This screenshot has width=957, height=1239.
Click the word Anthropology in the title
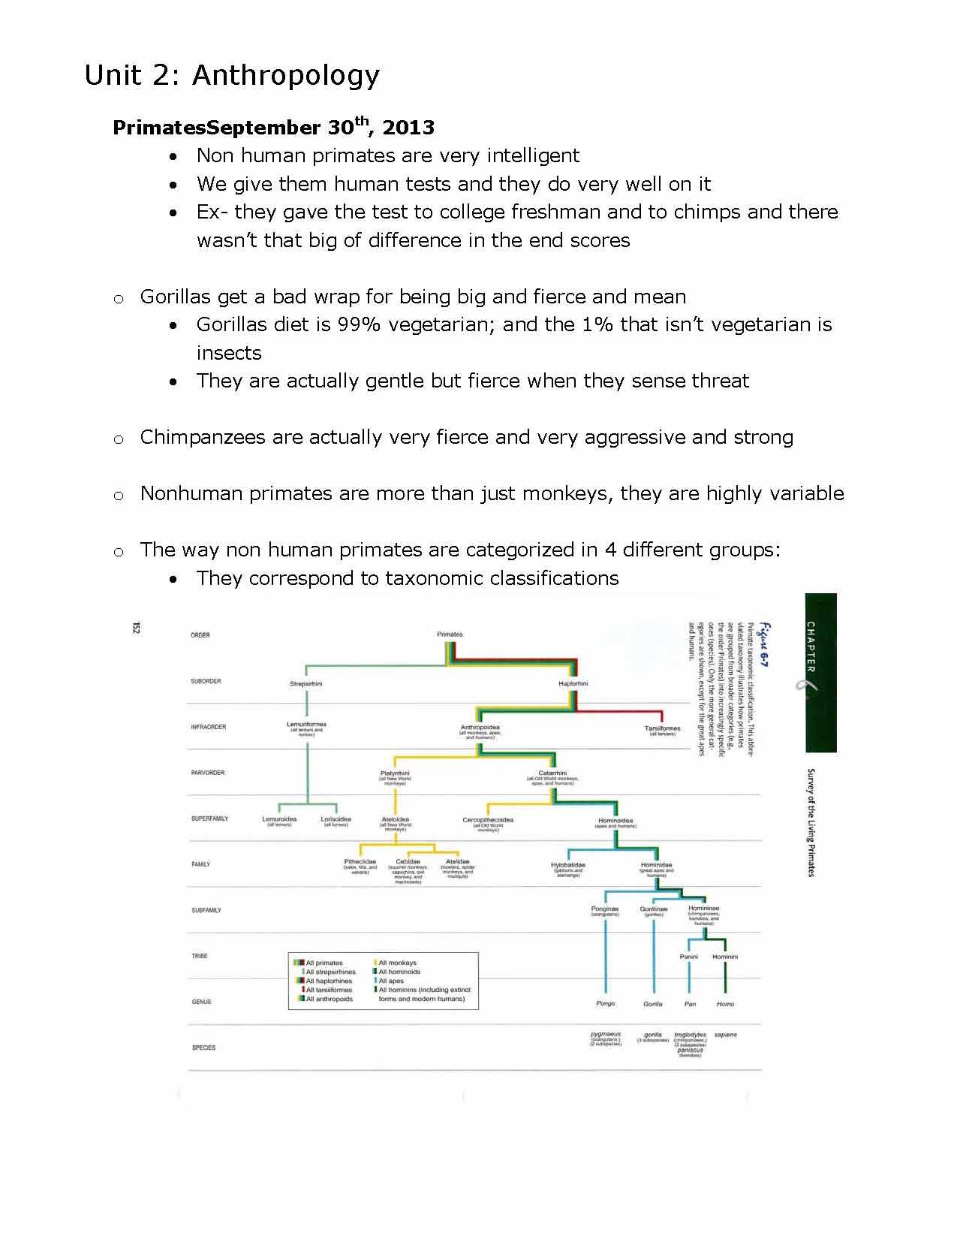[286, 76]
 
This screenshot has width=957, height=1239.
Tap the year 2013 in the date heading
[408, 128]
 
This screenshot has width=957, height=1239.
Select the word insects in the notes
[229, 353]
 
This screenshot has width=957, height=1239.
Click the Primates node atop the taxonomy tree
[450, 635]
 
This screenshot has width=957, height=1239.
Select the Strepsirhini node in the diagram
[305, 684]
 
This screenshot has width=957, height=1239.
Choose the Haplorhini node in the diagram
[573, 684]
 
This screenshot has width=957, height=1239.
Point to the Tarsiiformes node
[662, 728]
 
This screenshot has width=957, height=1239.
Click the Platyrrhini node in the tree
[395, 773]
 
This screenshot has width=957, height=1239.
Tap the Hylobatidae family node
[568, 865]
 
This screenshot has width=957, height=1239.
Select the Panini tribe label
[688, 957]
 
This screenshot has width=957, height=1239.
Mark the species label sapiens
[725, 1035]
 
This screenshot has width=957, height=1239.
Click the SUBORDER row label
[206, 681]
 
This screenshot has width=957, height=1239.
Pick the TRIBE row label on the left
[199, 956]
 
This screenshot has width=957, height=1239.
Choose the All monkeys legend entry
[396, 963]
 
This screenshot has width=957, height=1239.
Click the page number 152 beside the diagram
[136, 628]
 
